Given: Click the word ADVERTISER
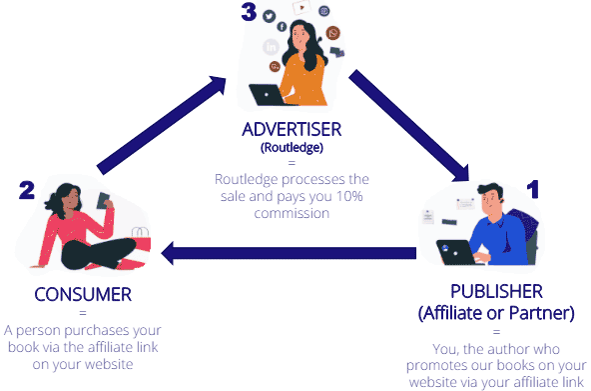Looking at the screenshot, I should (293, 130).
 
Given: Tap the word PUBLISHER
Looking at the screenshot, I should (496, 291).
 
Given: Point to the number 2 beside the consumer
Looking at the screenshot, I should (27, 189).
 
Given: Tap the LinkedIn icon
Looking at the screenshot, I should (270, 47).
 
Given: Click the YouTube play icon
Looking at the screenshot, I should (299, 5).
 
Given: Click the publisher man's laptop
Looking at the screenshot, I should (458, 251).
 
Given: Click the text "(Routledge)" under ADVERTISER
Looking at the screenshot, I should (293, 147).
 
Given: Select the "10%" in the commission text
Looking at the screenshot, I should (344, 196).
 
